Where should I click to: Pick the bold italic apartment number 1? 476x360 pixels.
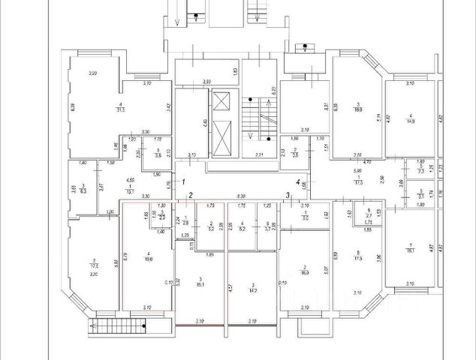click(174, 181)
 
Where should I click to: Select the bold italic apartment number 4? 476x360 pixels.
click(297, 181)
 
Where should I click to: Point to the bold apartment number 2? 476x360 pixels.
click(191, 196)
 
